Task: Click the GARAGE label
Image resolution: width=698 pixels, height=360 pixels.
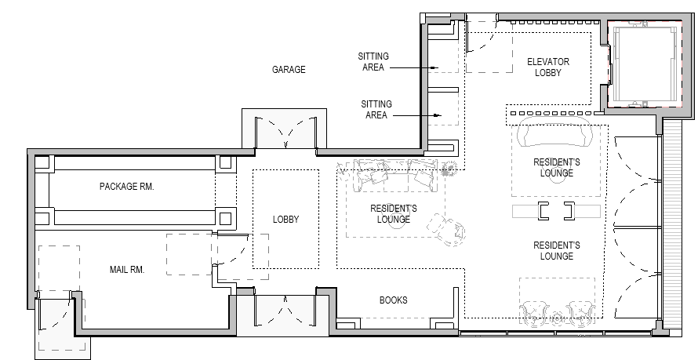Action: click(289, 70)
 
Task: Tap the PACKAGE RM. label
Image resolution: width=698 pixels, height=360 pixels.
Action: click(127, 187)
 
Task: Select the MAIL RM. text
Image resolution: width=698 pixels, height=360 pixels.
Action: click(127, 269)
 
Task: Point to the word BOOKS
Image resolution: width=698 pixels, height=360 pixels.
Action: click(393, 300)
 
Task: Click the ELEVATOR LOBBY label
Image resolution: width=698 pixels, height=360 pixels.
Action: click(548, 67)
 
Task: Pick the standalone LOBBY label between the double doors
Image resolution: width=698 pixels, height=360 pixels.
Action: click(285, 220)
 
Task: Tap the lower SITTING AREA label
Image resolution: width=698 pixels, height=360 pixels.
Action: click(376, 110)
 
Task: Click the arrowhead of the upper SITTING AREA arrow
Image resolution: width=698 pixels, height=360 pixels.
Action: click(436, 67)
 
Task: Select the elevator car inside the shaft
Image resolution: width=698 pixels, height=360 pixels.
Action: click(645, 64)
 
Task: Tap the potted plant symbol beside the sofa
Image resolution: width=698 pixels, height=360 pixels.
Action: click(449, 168)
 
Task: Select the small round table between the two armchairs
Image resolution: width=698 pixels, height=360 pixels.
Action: click(557, 318)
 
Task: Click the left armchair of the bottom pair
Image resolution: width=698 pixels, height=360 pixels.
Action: click(535, 313)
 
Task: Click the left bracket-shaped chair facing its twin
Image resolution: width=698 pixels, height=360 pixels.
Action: click(543, 211)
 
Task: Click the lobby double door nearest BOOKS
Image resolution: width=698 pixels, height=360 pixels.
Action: click(285, 310)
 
